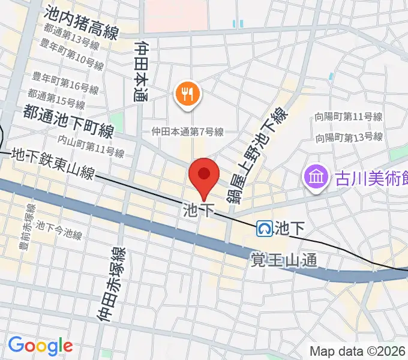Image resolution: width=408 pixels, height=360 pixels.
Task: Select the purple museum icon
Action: point(314,177)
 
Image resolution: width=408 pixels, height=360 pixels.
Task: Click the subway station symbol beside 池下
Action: point(265,228)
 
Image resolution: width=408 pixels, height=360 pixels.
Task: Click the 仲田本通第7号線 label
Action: point(187,132)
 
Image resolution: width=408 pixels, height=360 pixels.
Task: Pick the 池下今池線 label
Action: point(59,230)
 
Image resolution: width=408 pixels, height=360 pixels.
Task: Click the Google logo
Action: point(40,345)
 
